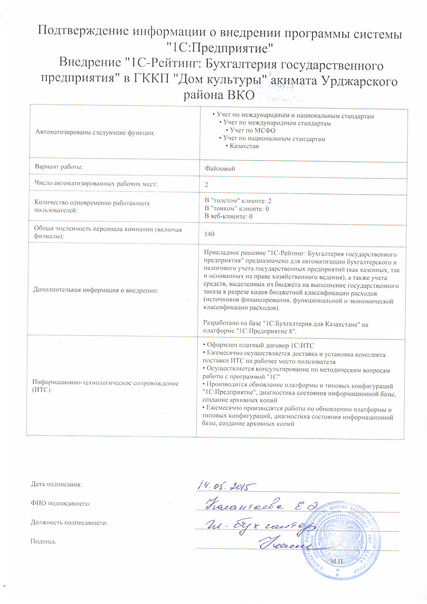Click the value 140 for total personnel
click(x=209, y=234)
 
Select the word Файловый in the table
click(x=220, y=169)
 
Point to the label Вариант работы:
click(x=59, y=167)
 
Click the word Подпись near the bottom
click(x=43, y=541)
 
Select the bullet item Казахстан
click(x=244, y=146)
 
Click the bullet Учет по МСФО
click(x=252, y=131)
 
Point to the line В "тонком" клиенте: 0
click(x=237, y=209)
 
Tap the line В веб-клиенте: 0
click(x=228, y=216)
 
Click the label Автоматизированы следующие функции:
click(x=95, y=133)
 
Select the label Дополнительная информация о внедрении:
click(x=96, y=290)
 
